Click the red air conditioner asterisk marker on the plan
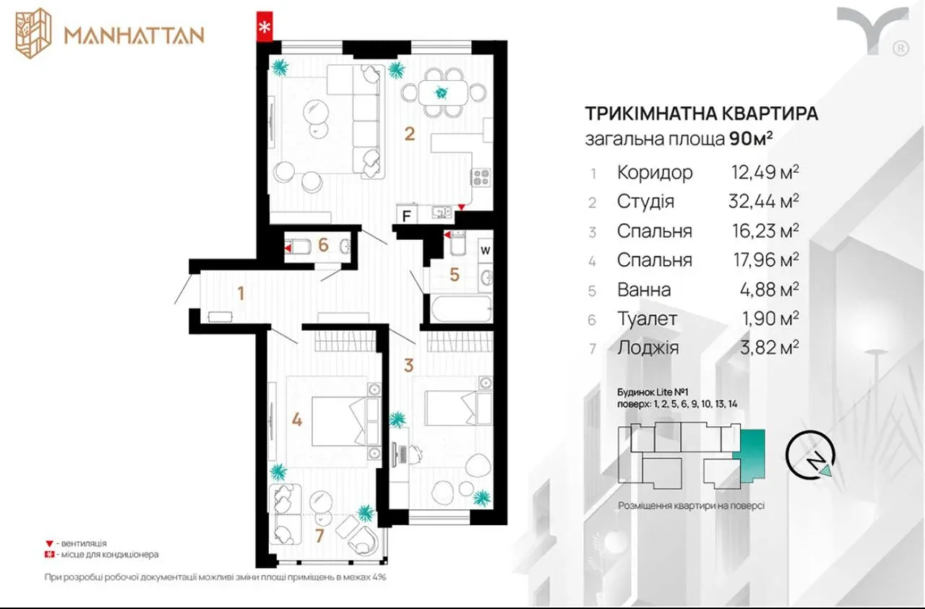coord(264,27)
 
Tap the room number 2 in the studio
coord(409,134)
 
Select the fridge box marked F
coord(407,215)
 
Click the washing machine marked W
coord(485,250)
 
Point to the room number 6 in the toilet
coord(323,245)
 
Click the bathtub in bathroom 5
coord(461,308)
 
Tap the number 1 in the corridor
coord(241,293)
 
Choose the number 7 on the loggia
coord(319,536)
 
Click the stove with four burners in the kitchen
coord(481,178)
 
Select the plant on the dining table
coord(442,93)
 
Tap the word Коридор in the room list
coord(655,172)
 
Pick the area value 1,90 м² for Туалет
coord(770,319)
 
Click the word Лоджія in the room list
coord(648,347)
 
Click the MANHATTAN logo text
coord(134,35)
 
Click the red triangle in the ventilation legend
coord(49,543)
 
